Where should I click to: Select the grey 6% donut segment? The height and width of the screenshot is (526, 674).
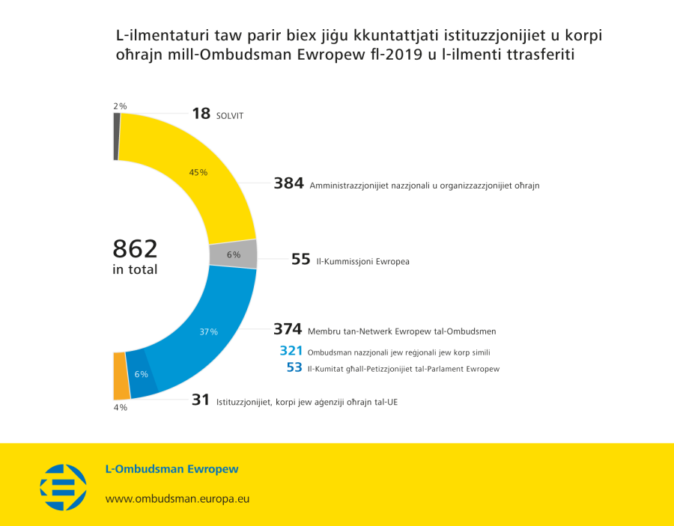[x=233, y=254]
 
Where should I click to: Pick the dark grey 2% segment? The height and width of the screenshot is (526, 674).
[x=116, y=136]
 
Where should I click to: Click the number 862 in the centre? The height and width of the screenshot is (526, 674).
[x=135, y=248]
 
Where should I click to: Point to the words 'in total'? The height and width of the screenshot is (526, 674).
[x=135, y=270]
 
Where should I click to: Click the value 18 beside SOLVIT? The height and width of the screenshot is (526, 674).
[x=201, y=114]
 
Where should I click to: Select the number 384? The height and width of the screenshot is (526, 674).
[x=288, y=183]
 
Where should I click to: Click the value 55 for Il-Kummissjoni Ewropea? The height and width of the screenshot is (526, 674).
[x=301, y=260]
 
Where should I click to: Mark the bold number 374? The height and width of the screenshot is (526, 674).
[x=288, y=329]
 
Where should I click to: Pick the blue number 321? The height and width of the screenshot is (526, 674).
[x=291, y=351]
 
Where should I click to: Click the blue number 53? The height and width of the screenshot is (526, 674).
[x=294, y=367]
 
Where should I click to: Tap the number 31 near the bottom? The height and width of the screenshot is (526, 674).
[x=201, y=400]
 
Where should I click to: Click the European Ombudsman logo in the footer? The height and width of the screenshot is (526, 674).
[x=63, y=486]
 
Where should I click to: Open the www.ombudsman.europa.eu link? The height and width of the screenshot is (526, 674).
[x=177, y=498]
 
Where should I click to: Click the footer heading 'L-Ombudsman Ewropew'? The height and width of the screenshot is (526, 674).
[x=171, y=469]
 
